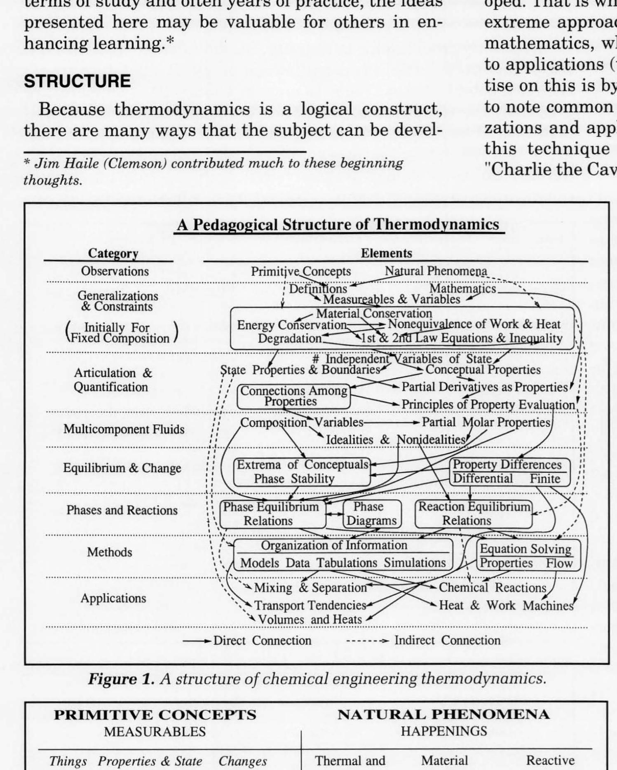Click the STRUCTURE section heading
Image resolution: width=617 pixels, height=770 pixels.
[77, 81]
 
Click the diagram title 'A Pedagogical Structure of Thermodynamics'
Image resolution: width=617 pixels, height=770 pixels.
[338, 225]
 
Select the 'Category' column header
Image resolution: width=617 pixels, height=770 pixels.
[113, 254]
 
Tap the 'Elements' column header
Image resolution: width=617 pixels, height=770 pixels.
[386, 253]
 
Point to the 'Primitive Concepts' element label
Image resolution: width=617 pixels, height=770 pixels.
[301, 272]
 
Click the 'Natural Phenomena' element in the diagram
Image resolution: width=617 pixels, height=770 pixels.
[436, 271]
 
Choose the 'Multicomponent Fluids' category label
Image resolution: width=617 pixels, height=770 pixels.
[124, 429]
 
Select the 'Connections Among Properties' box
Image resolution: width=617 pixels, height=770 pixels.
[293, 396]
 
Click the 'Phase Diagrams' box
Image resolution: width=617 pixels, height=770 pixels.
[371, 514]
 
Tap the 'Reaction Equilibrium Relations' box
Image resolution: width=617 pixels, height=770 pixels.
[474, 514]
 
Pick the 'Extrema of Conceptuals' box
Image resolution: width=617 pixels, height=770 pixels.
[302, 465]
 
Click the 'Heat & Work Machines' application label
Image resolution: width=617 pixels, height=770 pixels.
[506, 606]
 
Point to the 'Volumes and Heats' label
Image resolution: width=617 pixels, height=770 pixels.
[310, 620]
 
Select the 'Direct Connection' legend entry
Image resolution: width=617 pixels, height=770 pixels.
[262, 641]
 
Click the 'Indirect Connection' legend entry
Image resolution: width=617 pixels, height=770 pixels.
[447, 641]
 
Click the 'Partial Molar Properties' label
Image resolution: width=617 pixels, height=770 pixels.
[486, 423]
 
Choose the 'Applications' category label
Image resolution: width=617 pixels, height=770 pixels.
[113, 598]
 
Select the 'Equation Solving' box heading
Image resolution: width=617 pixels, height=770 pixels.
[526, 549]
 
